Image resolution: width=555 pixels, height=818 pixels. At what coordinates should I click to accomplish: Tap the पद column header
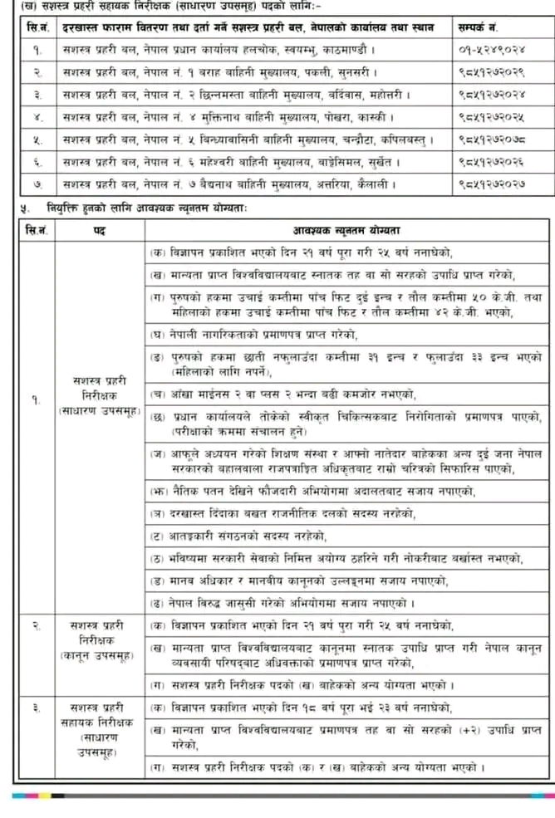tap(99, 228)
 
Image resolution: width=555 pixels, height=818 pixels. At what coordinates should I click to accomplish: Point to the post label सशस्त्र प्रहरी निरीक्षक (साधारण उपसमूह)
tap(99, 394)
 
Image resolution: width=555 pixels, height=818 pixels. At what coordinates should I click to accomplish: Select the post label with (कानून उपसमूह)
tap(99, 641)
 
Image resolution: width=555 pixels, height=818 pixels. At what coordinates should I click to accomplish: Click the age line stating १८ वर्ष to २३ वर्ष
tap(300, 708)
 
